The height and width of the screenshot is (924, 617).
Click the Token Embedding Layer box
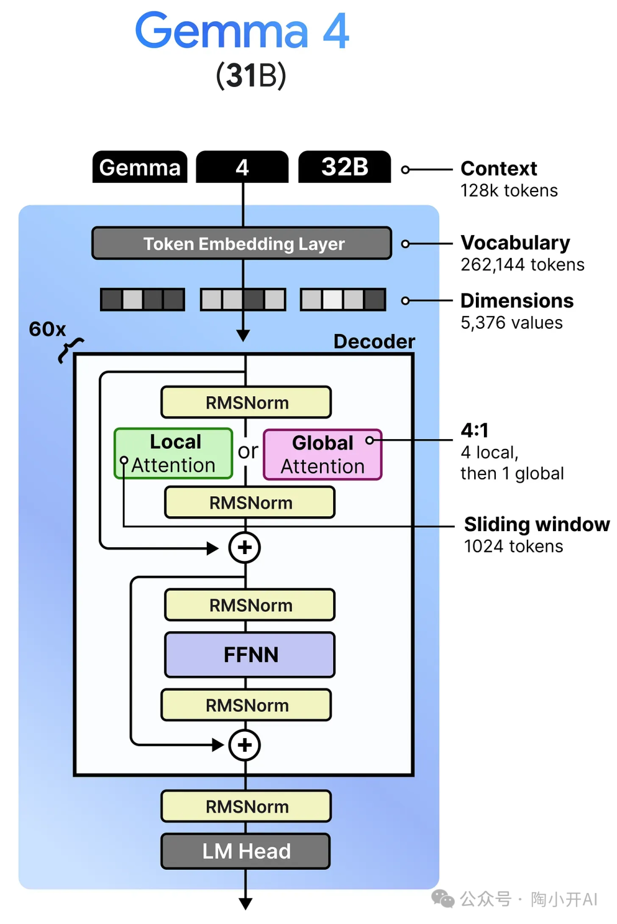tap(242, 244)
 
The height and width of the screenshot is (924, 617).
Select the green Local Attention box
tap(174, 453)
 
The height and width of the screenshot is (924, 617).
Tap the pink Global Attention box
tap(322, 455)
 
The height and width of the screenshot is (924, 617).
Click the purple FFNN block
tap(250, 655)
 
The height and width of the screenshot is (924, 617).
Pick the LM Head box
tap(246, 851)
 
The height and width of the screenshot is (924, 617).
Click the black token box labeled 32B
tap(344, 167)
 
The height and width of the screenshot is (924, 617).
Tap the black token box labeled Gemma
tap(140, 168)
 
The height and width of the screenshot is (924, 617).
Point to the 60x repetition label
tap(47, 329)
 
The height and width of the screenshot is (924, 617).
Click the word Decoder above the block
tap(374, 341)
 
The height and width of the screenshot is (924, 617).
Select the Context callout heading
tap(499, 169)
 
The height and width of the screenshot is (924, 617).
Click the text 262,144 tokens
tap(522, 265)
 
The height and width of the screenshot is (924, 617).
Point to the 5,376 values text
tap(511, 323)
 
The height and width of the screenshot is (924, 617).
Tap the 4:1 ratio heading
tap(475, 430)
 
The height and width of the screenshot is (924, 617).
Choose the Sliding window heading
tap(536, 524)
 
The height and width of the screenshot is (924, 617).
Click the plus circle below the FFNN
tap(245, 745)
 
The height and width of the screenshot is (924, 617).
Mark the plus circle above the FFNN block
tap(245, 548)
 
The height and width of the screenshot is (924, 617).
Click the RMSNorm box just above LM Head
tap(246, 807)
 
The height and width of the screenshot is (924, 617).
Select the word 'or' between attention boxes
tap(248, 451)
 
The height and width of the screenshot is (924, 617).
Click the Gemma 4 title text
tap(242, 31)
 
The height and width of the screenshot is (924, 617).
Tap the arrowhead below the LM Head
tap(246, 903)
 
